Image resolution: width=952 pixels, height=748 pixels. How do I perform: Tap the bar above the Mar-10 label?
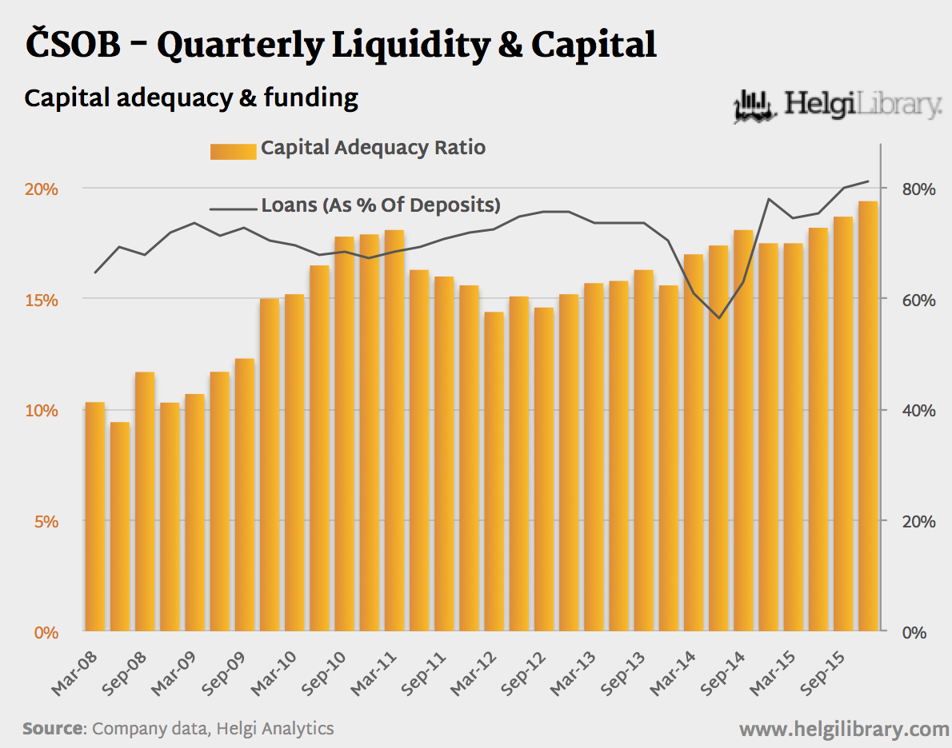(x=294, y=464)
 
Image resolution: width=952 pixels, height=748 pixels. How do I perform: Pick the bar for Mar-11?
(x=394, y=432)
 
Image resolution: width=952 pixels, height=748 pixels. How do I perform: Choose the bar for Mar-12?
(x=494, y=471)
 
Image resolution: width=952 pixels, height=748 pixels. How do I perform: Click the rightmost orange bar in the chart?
(x=868, y=416)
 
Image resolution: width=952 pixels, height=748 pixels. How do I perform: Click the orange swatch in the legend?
(x=233, y=151)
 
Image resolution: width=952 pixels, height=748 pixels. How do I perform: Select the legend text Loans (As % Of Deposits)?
(x=381, y=205)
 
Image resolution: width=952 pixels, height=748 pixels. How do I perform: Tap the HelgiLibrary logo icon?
(x=755, y=107)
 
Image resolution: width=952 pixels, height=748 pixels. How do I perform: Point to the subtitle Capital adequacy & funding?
(x=191, y=98)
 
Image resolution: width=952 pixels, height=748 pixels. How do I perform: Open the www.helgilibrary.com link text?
(x=843, y=729)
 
